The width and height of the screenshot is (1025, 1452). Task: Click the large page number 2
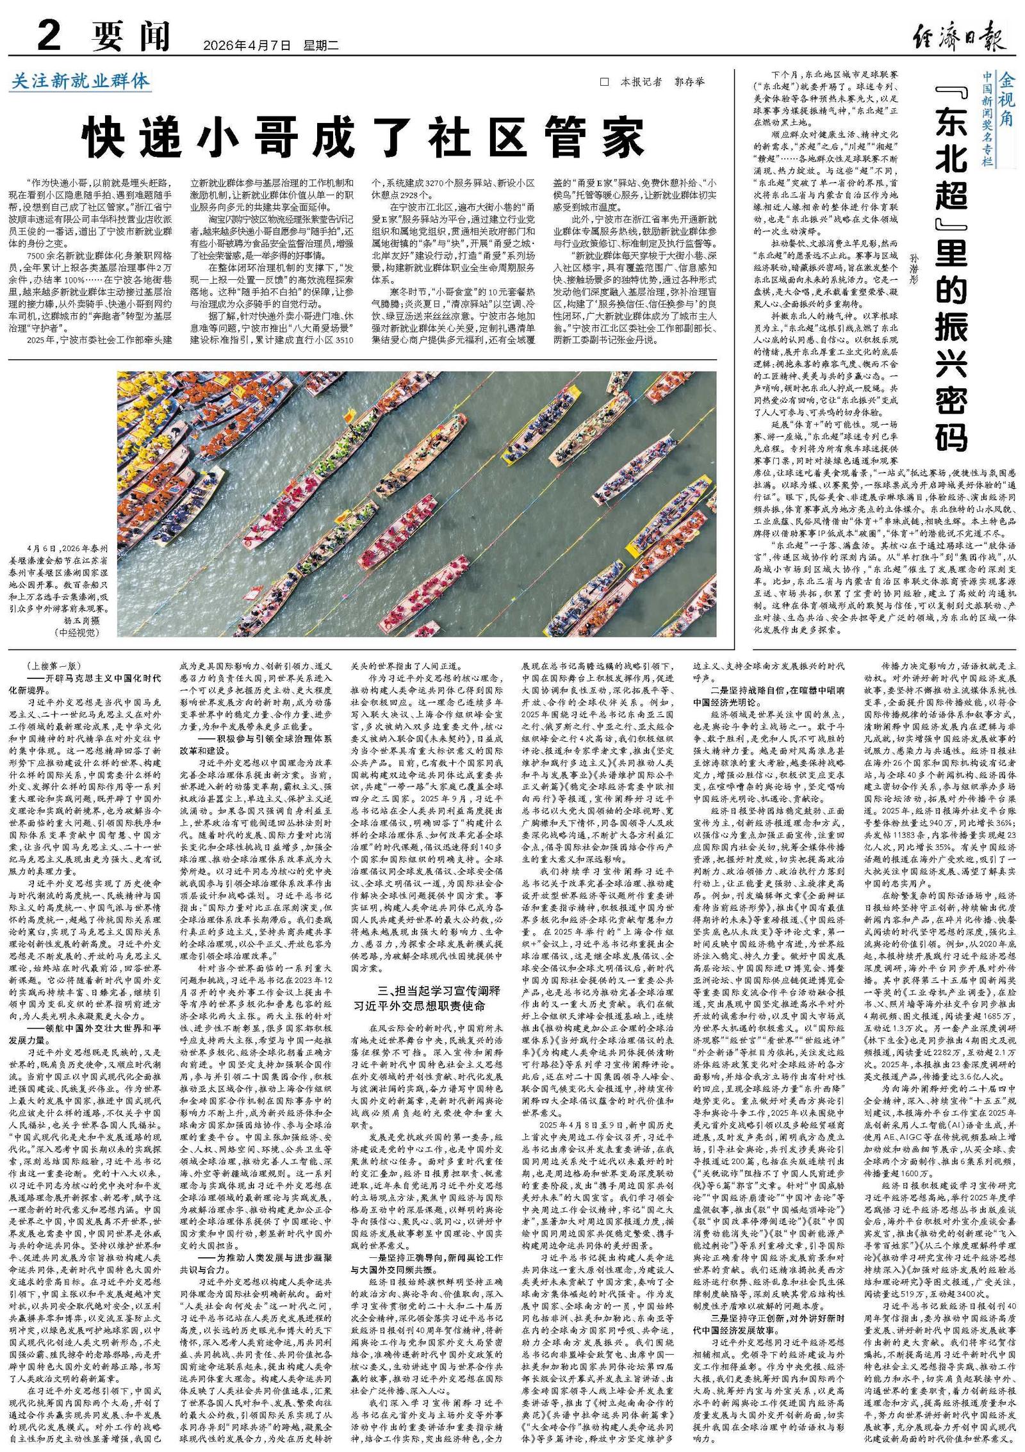(x=48, y=35)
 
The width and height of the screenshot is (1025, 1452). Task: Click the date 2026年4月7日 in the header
(x=247, y=45)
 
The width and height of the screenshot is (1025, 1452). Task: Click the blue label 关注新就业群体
(x=81, y=81)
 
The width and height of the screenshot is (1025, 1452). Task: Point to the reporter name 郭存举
(x=689, y=83)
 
